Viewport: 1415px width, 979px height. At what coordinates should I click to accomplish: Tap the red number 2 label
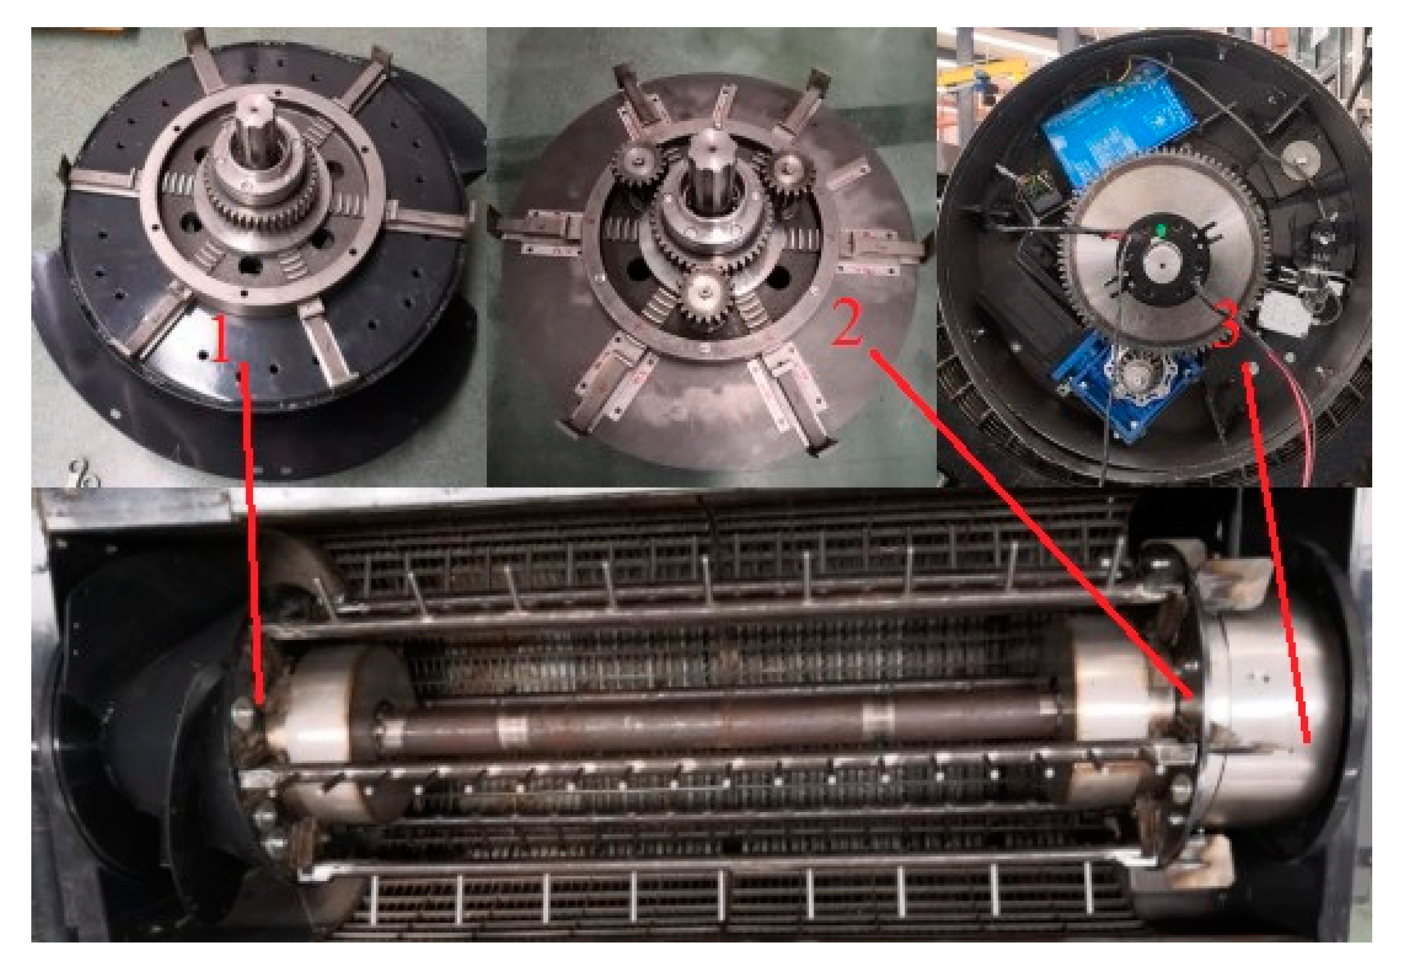click(848, 323)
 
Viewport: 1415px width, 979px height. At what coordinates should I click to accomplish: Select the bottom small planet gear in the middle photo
click(707, 295)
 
